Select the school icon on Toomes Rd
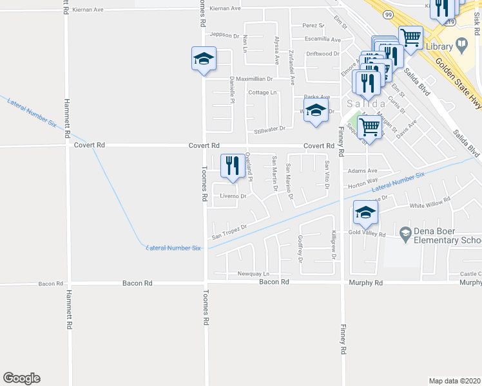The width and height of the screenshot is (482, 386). pos(204,59)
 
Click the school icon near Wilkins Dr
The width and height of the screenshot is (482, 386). pos(316,110)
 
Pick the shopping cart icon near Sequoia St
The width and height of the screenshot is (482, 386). pos(370,126)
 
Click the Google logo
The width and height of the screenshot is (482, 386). pos(21,378)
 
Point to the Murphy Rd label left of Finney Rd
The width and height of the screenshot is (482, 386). pos(366,282)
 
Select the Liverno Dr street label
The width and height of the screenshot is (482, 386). pos(233,196)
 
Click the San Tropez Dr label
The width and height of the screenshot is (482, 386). pos(235,229)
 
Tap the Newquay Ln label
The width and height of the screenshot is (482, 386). pos(252,273)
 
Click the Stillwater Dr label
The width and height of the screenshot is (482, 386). pos(269,130)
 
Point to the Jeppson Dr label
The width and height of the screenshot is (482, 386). pos(224,36)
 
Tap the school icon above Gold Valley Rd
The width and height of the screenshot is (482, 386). pos(365,213)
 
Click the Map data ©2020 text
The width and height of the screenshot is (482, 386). pos(455,381)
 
